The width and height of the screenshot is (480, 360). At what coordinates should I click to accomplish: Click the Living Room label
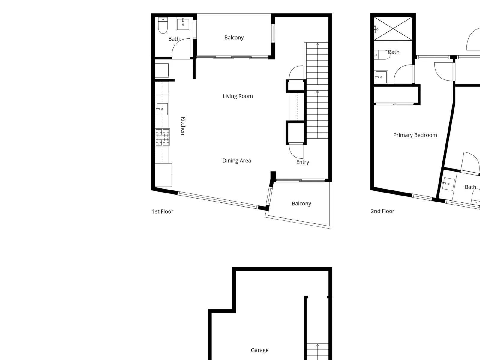point(238,96)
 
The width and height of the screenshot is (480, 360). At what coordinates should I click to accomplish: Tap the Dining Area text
point(237,161)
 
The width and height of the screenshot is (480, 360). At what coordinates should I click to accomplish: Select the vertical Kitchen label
point(183,126)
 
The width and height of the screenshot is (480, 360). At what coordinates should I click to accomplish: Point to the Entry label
point(303,162)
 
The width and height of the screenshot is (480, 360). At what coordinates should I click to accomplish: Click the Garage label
point(259,350)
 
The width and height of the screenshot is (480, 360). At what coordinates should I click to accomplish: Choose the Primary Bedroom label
point(415,135)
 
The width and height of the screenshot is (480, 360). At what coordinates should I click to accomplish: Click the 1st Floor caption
point(163,211)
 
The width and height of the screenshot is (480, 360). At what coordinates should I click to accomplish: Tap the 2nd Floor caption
point(382,211)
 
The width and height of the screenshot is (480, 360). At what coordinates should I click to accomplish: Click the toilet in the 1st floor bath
point(163,25)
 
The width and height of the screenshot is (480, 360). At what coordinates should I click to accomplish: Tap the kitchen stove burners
point(163,137)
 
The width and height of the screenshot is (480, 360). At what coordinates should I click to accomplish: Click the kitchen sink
point(162,109)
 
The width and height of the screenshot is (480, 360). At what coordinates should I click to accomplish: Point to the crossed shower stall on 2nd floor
point(393,29)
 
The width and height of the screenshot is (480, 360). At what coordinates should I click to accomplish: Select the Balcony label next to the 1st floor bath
point(234,37)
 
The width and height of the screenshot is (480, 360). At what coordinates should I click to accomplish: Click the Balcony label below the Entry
point(301,204)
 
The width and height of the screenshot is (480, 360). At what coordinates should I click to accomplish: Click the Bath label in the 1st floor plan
point(174,39)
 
